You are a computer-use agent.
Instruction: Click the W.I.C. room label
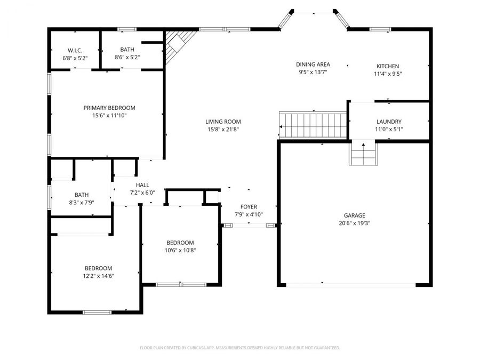(x=74, y=50)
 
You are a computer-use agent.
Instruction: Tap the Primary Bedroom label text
(x=109, y=108)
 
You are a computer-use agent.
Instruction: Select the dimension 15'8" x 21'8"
(x=223, y=129)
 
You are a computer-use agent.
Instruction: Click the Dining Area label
(x=313, y=65)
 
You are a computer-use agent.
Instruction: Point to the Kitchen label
(x=387, y=66)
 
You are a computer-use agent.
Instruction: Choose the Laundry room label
(x=389, y=122)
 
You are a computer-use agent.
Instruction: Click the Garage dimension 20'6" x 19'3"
(x=354, y=223)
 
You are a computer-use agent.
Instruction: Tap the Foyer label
(x=249, y=207)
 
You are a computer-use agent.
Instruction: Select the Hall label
(x=142, y=185)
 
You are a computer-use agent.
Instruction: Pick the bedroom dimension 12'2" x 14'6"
(x=99, y=276)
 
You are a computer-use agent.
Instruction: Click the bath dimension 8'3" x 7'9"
(x=82, y=203)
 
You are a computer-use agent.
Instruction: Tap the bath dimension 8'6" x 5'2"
(x=127, y=57)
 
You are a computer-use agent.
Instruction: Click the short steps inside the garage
(x=364, y=155)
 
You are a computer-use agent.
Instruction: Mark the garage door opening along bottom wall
(x=351, y=285)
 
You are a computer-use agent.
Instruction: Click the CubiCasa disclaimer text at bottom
(x=239, y=348)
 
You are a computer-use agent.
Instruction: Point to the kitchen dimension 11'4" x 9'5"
(x=387, y=74)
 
